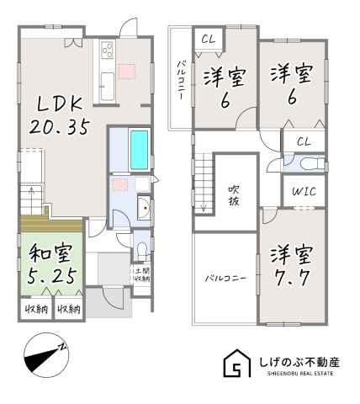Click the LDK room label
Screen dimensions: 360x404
point(60,104)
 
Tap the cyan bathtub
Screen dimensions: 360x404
point(140,150)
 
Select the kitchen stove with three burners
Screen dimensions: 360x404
point(108,50)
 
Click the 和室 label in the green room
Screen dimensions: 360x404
point(51,253)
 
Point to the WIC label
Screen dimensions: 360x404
point(304,191)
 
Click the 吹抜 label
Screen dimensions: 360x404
point(233,196)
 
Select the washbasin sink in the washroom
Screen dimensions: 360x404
point(144,207)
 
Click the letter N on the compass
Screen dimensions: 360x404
point(62,347)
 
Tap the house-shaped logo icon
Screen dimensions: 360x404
point(236,363)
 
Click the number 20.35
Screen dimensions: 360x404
point(60,126)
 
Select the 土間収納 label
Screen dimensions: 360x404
point(142,274)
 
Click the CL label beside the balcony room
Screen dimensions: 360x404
point(209,40)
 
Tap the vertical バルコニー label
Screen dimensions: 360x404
point(180,81)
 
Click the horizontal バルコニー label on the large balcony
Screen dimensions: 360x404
point(226,279)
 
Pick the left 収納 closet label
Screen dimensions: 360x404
point(37,309)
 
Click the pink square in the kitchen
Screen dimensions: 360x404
point(127,72)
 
